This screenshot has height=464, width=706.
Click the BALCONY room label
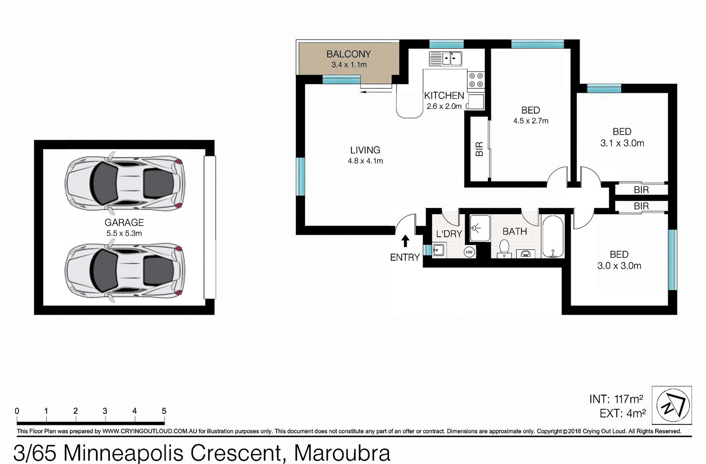pyautogui.click(x=349, y=54)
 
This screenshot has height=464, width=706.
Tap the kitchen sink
pyautogui.click(x=446, y=59)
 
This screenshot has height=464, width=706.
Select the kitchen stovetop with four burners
pyautogui.click(x=476, y=80)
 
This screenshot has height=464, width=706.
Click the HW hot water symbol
pyautogui.click(x=469, y=252)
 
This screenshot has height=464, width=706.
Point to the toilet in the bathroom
pyautogui.click(x=504, y=248)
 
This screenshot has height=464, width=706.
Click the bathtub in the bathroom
pyautogui.click(x=553, y=237)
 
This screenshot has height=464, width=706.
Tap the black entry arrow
pyautogui.click(x=405, y=241)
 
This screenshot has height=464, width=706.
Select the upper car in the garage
pyautogui.click(x=125, y=183)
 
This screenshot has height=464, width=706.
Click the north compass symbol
pyautogui.click(x=673, y=405)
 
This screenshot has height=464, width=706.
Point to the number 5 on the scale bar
pyautogui.click(x=164, y=411)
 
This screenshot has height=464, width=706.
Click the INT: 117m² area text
pyautogui.click(x=616, y=399)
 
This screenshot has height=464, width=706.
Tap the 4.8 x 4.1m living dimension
pyautogui.click(x=365, y=161)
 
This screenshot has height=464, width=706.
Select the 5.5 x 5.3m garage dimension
pyautogui.click(x=124, y=233)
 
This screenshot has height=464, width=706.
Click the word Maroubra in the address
pyautogui.click(x=342, y=453)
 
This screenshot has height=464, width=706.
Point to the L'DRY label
pyautogui.click(x=449, y=234)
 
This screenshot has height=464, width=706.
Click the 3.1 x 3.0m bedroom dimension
pyautogui.click(x=622, y=143)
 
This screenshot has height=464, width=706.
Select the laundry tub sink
pyautogui.click(x=439, y=250)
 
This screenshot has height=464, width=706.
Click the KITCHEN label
pyautogui.click(x=444, y=95)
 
